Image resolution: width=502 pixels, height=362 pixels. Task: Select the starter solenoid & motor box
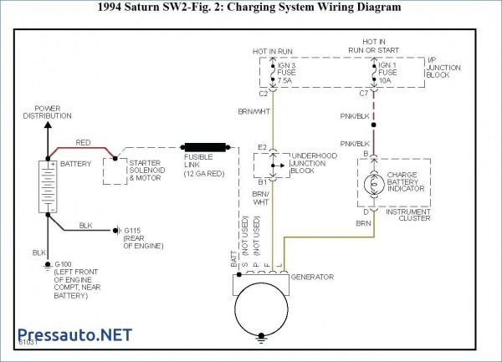[x=125, y=171]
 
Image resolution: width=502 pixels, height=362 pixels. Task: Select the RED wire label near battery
[x=84, y=143]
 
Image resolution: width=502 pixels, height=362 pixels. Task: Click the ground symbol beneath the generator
[x=263, y=339]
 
